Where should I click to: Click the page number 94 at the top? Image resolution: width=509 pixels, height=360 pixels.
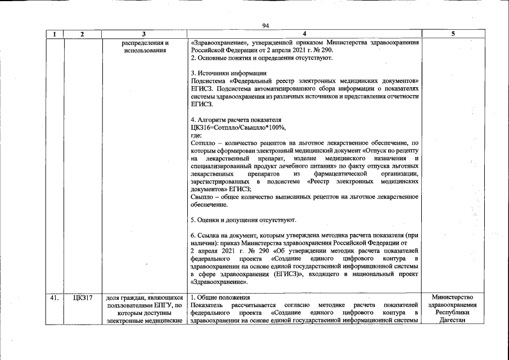tap(265, 25)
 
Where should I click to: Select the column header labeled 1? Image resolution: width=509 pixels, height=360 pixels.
tap(54, 34)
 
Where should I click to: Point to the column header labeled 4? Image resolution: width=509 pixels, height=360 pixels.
tap(304, 34)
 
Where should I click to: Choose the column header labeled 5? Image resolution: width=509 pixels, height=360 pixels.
tap(453, 34)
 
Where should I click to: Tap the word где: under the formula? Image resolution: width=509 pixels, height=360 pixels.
tap(196, 136)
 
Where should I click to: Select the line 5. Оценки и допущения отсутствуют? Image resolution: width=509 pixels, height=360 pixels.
tap(244, 219)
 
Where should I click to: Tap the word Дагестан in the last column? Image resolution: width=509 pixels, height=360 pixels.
tap(453, 321)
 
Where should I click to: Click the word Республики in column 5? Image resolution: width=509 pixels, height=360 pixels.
tap(453, 313)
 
